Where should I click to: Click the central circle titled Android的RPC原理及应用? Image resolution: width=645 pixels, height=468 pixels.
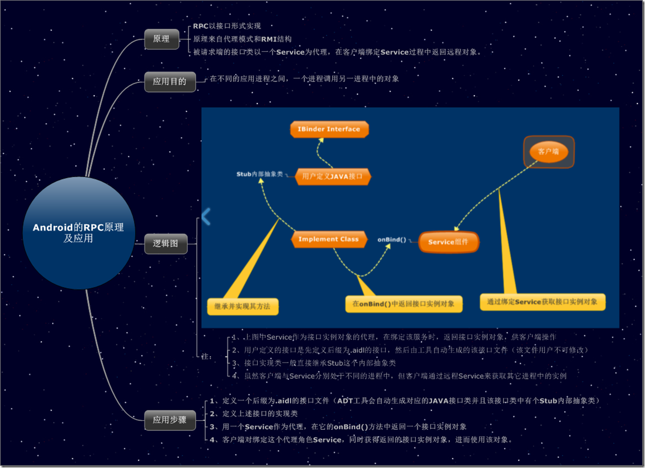pos(79,232)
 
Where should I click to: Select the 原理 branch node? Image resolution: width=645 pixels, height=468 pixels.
pos(161,39)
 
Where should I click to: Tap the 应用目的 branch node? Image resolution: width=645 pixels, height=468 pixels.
pos(169,82)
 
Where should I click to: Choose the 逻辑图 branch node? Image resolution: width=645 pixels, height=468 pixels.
pos(165,244)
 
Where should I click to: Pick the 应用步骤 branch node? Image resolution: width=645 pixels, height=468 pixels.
pos(169,420)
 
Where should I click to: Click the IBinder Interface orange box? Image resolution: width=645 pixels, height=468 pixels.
pos(329,129)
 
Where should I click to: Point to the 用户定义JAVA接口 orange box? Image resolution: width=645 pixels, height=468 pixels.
pos(333,176)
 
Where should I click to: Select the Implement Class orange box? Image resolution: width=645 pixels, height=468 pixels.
pos(329,239)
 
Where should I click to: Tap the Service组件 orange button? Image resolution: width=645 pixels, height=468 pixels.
pos(448,242)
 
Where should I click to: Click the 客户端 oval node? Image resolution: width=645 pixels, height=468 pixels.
pos(548,152)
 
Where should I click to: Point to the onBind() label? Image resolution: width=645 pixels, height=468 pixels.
pos(392,239)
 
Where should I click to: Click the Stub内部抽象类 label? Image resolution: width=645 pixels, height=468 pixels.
pos(259,174)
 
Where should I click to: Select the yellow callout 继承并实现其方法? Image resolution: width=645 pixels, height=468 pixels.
pos(243,307)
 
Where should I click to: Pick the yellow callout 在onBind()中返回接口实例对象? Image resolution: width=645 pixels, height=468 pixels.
pos(403,304)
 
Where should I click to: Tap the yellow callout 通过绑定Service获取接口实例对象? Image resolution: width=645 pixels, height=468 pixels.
pos(542,302)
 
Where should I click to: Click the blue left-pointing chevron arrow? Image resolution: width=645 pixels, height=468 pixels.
pos(206,216)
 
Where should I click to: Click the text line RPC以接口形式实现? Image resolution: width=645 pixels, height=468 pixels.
pos(227,26)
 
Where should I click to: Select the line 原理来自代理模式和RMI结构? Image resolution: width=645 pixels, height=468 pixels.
pos(242,39)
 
